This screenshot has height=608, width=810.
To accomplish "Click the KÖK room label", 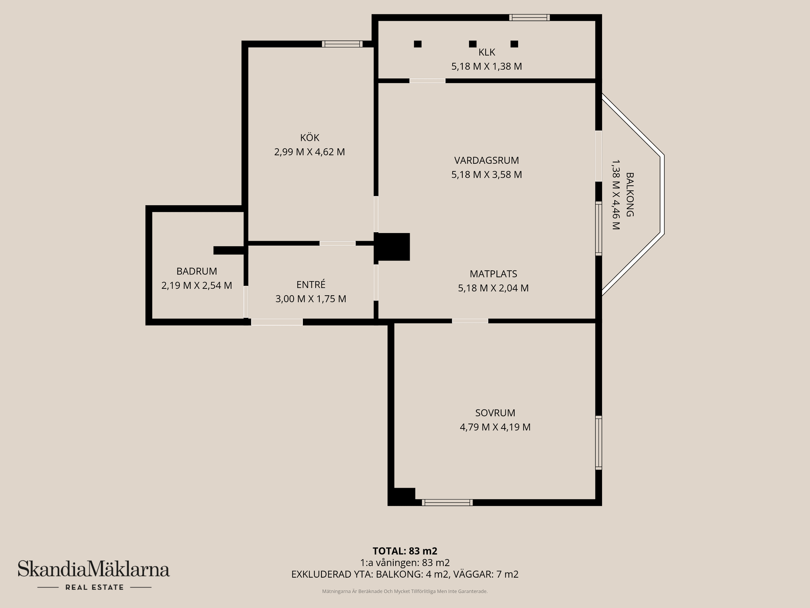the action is pyautogui.click(x=310, y=138).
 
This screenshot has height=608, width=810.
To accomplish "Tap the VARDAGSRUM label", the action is pyautogui.click(x=486, y=160).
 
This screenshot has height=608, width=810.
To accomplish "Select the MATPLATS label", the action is pyautogui.click(x=493, y=274).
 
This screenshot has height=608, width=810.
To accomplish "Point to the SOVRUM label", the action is pyautogui.click(x=495, y=413).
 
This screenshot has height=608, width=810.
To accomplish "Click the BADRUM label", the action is pyautogui.click(x=197, y=271).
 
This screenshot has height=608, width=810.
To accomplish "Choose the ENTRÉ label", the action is pyautogui.click(x=311, y=285).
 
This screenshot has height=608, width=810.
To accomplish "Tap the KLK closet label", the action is pyautogui.click(x=487, y=52).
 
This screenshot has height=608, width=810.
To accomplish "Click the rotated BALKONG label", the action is pyautogui.click(x=630, y=194).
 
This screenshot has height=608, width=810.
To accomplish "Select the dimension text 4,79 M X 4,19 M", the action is pyautogui.click(x=495, y=427).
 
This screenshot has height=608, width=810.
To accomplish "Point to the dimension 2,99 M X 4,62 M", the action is pyautogui.click(x=310, y=152).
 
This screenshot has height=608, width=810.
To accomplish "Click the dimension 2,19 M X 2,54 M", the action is pyautogui.click(x=197, y=285).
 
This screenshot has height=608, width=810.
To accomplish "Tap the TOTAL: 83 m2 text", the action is pyautogui.click(x=405, y=551).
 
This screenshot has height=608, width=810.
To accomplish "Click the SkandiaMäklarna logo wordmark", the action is pyautogui.click(x=94, y=569).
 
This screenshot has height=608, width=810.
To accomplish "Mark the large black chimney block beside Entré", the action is pyautogui.click(x=392, y=247).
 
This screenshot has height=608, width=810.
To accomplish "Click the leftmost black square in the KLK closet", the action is pyautogui.click(x=418, y=44).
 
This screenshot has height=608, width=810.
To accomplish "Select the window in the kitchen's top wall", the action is pyautogui.click(x=342, y=44).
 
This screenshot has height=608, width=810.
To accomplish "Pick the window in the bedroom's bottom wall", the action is pyautogui.click(x=447, y=502).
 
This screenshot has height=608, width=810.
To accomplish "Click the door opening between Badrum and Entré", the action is pyautogui.click(x=246, y=302).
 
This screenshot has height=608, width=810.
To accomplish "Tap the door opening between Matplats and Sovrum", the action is pyautogui.click(x=470, y=321).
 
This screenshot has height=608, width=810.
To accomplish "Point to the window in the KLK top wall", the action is pyautogui.click(x=529, y=17).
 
